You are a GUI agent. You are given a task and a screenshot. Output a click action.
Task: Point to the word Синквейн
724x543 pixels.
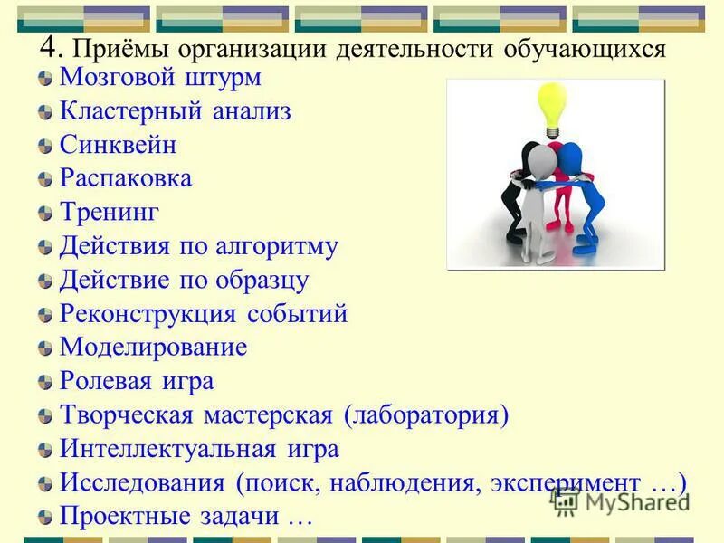[x=118, y=145]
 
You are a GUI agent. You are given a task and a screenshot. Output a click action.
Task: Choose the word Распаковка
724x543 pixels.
[x=126, y=178]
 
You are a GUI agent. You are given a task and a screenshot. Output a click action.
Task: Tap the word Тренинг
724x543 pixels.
[x=109, y=213]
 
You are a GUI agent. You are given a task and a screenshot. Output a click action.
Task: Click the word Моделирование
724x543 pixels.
[x=153, y=348]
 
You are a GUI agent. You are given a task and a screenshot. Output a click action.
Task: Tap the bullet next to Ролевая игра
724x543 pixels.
[x=45, y=383]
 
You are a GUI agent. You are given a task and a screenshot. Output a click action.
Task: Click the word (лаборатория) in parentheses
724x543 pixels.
[x=426, y=415]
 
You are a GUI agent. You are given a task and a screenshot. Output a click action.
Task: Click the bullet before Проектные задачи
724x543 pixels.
[x=45, y=519]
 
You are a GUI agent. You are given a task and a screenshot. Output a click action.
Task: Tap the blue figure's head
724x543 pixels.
[x=570, y=153]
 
